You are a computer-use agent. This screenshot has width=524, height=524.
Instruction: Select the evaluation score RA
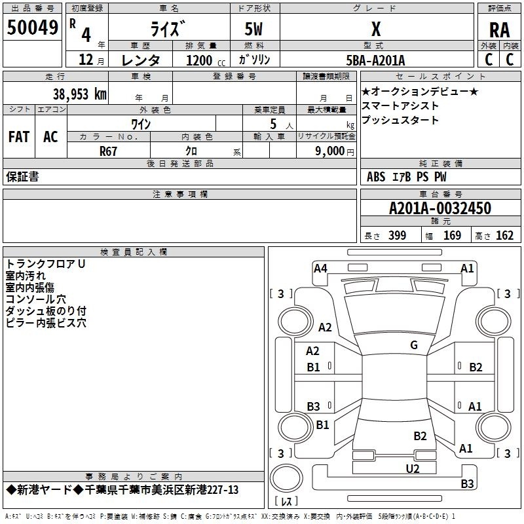pos(499,30)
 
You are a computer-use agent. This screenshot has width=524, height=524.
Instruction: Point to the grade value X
pos(376,29)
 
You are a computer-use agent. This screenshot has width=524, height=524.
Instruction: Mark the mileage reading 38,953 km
pos(79,94)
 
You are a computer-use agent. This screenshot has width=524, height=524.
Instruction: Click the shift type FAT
pos(19,137)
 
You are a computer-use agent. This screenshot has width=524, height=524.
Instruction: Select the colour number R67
pos(109,151)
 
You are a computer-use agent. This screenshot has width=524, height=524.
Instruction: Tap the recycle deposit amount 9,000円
pos(333,151)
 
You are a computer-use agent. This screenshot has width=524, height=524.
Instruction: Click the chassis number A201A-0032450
pos(440,208)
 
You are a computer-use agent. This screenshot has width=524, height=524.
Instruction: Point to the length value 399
pos(397,236)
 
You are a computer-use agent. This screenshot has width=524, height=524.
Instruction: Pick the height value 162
pos(504,236)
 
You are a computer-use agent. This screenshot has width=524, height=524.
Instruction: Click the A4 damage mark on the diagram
pos(320,268)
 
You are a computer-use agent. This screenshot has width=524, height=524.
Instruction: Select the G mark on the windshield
pos(414,345)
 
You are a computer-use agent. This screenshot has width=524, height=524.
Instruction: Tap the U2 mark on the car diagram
pos(412,468)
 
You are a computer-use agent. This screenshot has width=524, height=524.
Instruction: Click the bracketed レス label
pos(286,502)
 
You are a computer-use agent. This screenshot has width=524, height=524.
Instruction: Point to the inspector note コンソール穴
pos(36,299)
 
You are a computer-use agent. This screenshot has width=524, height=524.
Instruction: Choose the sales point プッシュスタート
pos(400,121)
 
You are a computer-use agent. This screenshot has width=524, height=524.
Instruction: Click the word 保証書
pos(22,177)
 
